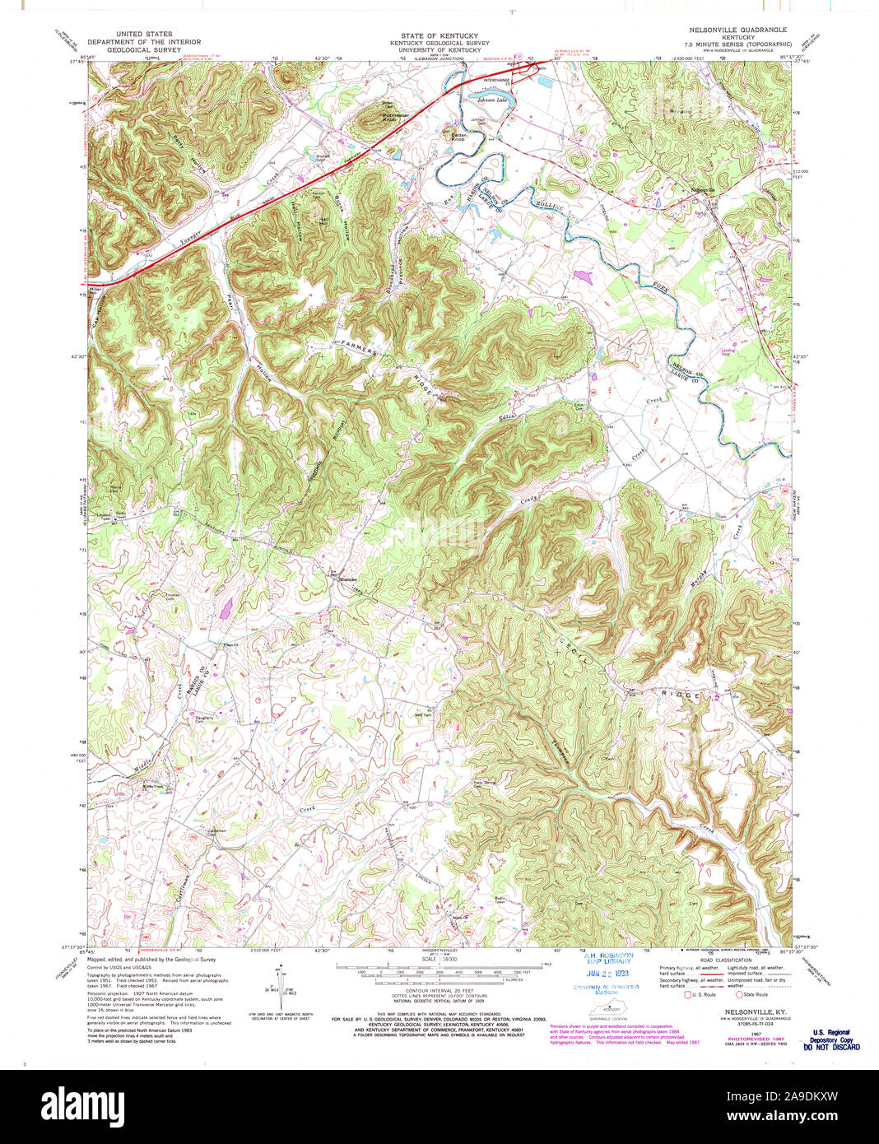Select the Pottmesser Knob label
(378, 118)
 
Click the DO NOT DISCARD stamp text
(831, 1047)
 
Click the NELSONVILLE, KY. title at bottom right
(742, 1011)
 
